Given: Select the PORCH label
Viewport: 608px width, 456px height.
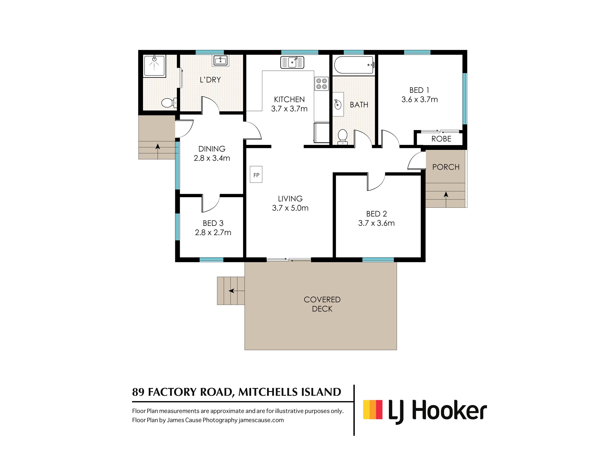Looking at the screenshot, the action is pyautogui.click(x=446, y=167).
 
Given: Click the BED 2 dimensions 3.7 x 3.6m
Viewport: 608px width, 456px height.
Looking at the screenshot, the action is pyautogui.click(x=376, y=223).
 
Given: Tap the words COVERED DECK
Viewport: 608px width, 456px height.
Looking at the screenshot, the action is pyautogui.click(x=322, y=304).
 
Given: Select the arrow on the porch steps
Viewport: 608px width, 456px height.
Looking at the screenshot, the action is pyautogui.click(x=446, y=199).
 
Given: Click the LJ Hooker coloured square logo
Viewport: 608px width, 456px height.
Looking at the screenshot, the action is pyautogui.click(x=373, y=409).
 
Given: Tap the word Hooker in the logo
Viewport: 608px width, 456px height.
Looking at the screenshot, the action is pyautogui.click(x=449, y=410).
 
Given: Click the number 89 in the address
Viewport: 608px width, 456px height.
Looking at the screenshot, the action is pyautogui.click(x=138, y=392).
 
